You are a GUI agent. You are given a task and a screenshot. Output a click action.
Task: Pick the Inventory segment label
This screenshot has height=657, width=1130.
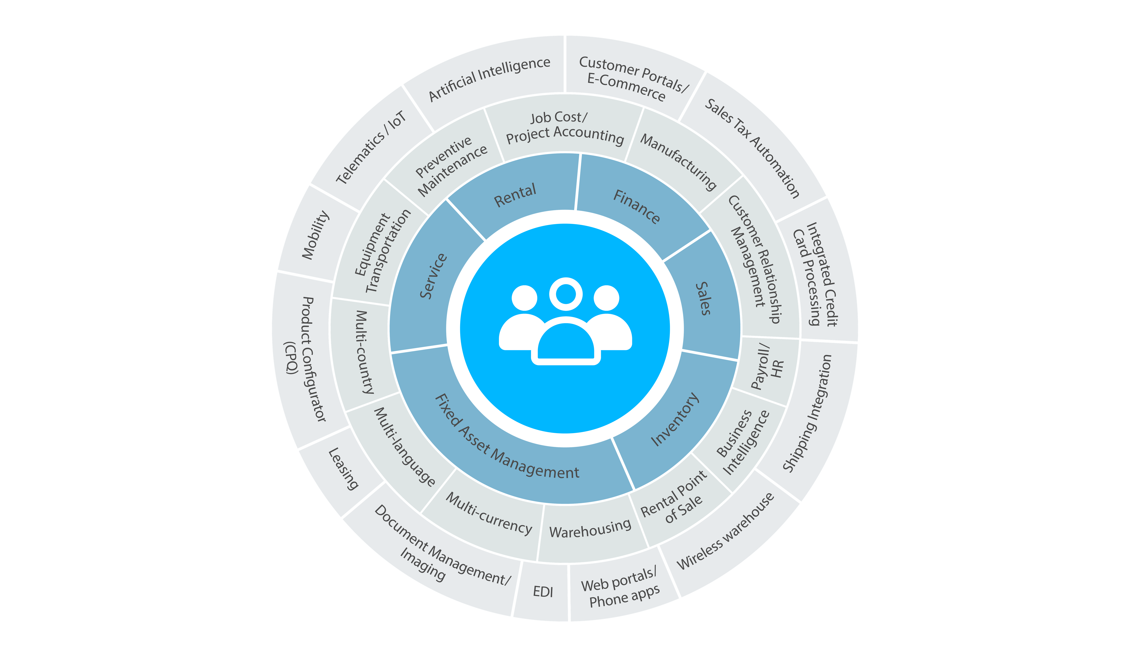click(x=675, y=419)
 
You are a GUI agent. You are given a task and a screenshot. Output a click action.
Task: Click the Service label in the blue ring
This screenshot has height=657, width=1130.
click(x=433, y=276)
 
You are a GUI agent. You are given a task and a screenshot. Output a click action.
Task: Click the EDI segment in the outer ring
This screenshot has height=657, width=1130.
click(x=543, y=592)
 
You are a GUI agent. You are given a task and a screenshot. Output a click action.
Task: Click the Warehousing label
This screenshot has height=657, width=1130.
click(x=590, y=528)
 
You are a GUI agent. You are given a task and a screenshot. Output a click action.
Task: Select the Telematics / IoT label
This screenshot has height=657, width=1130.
click(x=371, y=147)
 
